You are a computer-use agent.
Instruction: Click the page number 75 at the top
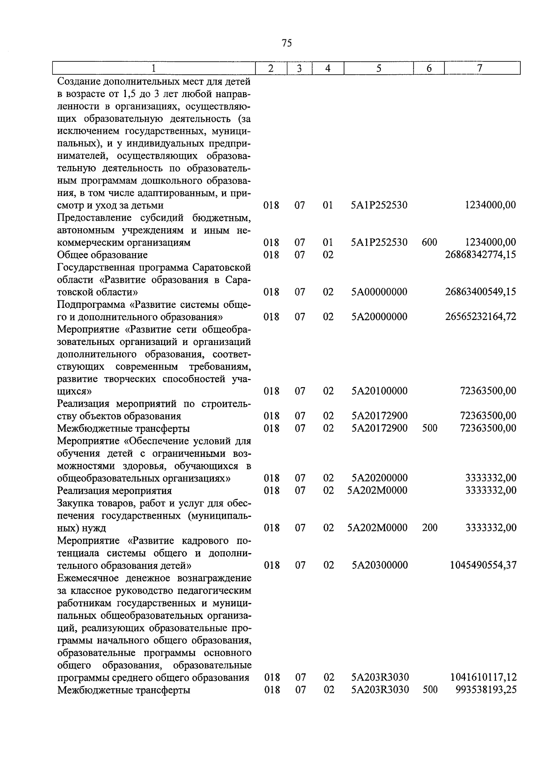click(287, 43)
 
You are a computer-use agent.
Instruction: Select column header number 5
click(379, 68)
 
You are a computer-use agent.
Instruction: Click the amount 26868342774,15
click(481, 255)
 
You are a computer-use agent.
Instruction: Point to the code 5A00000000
click(379, 292)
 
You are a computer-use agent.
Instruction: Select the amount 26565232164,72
click(481, 317)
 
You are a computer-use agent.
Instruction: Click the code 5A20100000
click(379, 391)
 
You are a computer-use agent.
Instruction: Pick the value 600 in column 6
click(429, 243)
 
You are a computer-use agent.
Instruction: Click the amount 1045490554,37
click(483, 565)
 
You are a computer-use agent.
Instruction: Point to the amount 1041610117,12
click(483, 678)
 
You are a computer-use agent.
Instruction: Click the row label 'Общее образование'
click(102, 255)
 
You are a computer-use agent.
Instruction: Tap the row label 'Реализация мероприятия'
click(114, 490)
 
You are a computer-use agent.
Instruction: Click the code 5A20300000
click(379, 565)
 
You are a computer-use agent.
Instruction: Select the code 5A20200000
click(379, 478)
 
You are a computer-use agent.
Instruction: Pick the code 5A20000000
click(379, 317)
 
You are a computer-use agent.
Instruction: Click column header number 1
click(153, 68)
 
